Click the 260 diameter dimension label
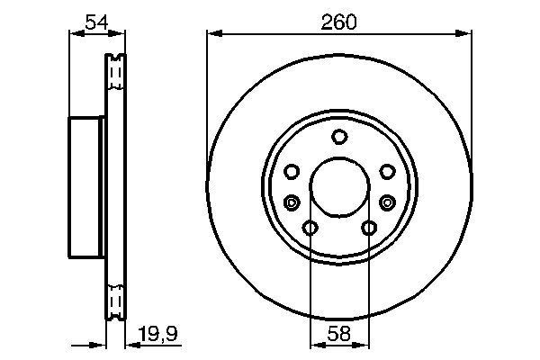(x=339, y=22)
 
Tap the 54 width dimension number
(x=96, y=22)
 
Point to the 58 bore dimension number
(x=339, y=333)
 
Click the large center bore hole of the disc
(x=339, y=188)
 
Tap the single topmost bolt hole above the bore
(x=339, y=137)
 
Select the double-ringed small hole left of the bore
(x=291, y=202)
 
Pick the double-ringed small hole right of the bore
(x=388, y=202)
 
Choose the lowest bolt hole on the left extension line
(x=310, y=229)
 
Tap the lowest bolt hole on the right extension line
(x=369, y=229)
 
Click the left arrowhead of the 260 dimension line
(x=212, y=34)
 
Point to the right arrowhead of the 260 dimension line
(x=466, y=34)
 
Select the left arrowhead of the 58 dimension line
(x=314, y=345)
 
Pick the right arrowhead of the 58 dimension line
(x=364, y=345)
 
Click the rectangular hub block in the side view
(x=87, y=187)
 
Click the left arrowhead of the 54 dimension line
(x=74, y=34)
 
